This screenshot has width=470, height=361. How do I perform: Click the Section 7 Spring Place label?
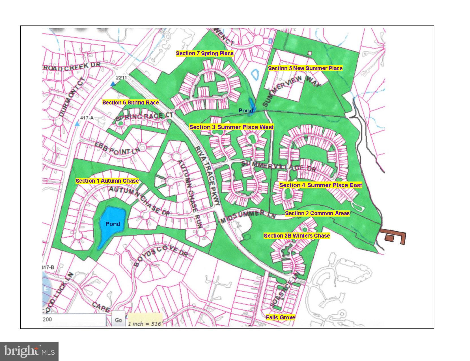(204, 53)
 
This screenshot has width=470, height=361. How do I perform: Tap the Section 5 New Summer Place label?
(305, 68)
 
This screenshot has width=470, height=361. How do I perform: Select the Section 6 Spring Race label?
(130, 102)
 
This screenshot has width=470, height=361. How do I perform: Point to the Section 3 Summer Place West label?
(231, 127)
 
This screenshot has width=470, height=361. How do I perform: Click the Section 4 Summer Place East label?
(320, 185)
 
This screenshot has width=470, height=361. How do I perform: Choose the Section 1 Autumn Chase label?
(107, 181)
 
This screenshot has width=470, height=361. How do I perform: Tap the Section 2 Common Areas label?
(317, 213)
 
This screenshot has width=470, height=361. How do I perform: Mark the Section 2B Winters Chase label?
(297, 236)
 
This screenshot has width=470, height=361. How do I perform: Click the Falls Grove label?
(280, 317)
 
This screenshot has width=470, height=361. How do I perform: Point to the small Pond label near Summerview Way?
(245, 110)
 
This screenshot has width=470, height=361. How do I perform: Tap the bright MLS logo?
(29, 351)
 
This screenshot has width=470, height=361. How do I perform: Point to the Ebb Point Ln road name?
(117, 148)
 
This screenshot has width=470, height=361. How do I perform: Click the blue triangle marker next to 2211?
(113, 84)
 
